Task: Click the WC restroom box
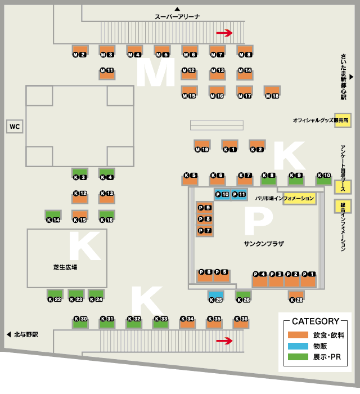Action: tap(14, 127)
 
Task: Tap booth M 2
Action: tap(79, 51)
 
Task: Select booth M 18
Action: tap(272, 92)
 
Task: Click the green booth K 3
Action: tap(80, 173)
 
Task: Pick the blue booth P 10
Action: tap(222, 194)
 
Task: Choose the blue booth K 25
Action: tap(216, 296)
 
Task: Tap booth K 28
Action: tap(296, 296)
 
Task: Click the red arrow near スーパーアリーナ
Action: tap(224, 33)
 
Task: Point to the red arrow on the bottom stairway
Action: tap(224, 341)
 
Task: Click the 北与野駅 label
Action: tap(26, 334)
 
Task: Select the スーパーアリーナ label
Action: tap(178, 17)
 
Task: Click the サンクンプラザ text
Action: tap(264, 244)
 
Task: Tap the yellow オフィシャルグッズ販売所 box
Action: tap(343, 120)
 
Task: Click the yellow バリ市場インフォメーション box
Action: tap(299, 199)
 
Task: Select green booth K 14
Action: tap(53, 216)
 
